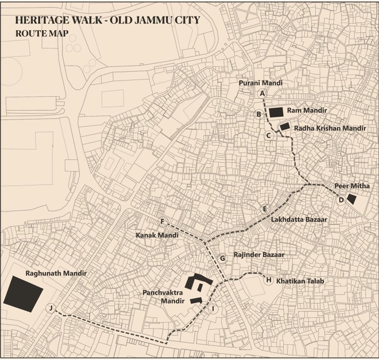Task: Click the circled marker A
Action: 262,94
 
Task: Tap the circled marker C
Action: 269,135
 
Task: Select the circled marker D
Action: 341,200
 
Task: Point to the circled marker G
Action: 222,258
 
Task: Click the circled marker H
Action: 269,280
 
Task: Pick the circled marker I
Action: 213,309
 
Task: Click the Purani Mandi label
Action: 261,83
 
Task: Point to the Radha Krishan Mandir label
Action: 330,128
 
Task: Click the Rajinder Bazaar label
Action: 259,255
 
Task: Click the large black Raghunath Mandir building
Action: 23,296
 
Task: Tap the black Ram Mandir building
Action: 276,112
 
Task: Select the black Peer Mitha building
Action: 351,198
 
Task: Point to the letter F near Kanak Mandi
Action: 162,222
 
